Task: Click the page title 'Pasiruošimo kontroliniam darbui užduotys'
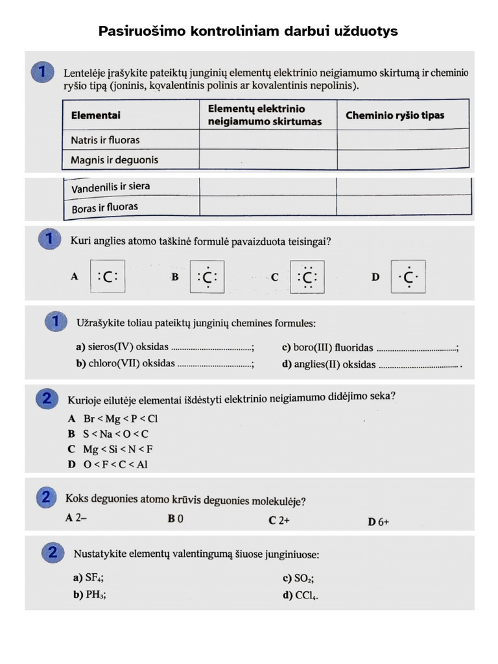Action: (x=248, y=31)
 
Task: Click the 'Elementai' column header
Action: (x=95, y=115)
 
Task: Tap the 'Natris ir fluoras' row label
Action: (x=105, y=139)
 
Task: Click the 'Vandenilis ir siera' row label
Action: (x=110, y=187)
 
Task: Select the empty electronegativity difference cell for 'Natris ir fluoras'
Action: (x=267, y=139)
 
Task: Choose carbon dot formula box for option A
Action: (x=108, y=277)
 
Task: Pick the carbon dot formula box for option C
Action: (x=307, y=277)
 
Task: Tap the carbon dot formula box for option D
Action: (x=409, y=277)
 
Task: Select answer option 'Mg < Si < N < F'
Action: (x=117, y=449)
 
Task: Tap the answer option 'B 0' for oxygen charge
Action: (x=176, y=519)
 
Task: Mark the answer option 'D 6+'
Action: (x=378, y=521)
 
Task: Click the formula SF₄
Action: (x=94, y=577)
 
